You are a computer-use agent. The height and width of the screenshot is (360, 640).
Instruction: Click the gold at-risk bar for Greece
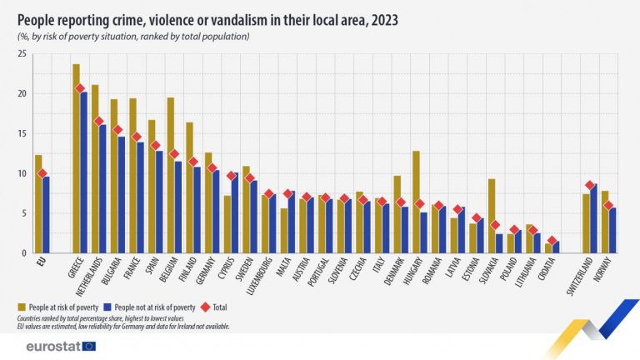click(x=76, y=158)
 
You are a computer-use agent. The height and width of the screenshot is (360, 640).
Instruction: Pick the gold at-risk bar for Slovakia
click(x=492, y=216)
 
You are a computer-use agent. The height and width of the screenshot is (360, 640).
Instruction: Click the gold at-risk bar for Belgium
click(x=170, y=175)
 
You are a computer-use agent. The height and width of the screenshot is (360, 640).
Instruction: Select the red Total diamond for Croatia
click(x=552, y=241)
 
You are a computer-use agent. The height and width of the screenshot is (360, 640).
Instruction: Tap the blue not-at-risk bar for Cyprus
click(x=235, y=212)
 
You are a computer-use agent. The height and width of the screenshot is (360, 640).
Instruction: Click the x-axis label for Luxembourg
click(x=263, y=280)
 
